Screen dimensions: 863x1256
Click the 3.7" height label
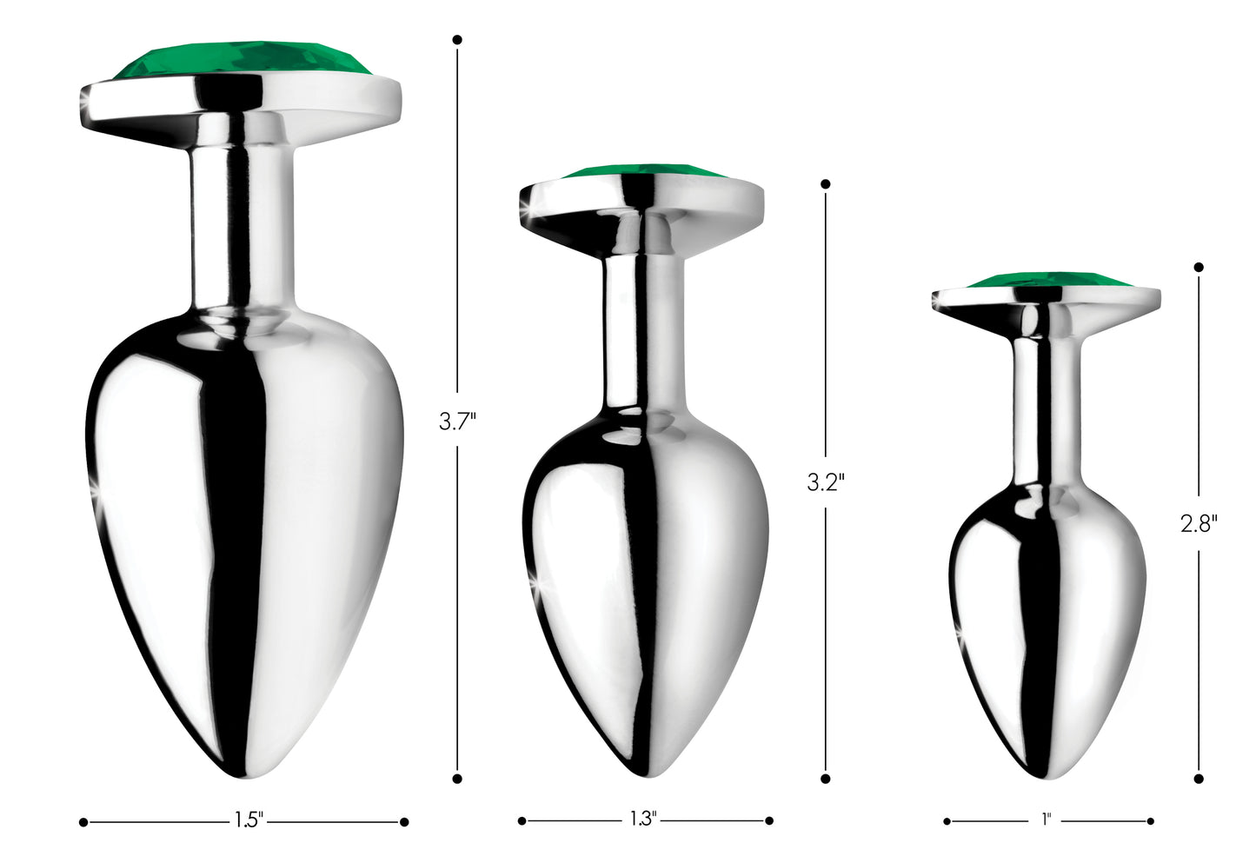[457, 422]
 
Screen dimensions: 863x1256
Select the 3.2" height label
[825, 482]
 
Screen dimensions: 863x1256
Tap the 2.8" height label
[1199, 523]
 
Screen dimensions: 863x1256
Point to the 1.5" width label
[249, 820]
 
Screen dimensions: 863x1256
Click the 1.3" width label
[643, 819]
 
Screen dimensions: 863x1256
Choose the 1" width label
[1046, 819]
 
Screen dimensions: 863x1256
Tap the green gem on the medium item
[641, 170]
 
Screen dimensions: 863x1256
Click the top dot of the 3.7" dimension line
[457, 40]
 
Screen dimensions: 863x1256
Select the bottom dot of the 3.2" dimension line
[825, 779]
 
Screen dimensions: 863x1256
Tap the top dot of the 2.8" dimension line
[1199, 267]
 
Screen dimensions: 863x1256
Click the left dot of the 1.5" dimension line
[83, 821]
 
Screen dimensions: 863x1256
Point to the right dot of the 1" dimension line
[1150, 820]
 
